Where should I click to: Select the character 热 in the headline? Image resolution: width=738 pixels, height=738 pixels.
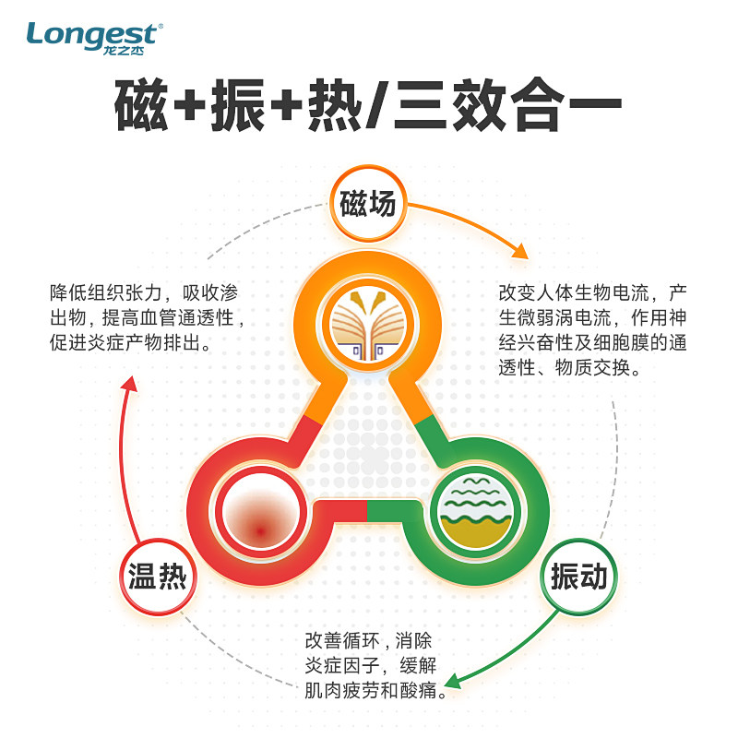click(x=345, y=109)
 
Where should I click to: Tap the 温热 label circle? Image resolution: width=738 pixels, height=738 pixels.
click(x=157, y=578)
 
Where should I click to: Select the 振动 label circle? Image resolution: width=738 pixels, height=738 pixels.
click(x=578, y=578)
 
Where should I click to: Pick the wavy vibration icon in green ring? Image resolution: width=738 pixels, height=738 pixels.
click(x=475, y=510)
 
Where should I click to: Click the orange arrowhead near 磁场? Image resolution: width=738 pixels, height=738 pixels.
click(x=521, y=251)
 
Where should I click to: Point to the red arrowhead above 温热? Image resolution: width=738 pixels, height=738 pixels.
click(x=129, y=383)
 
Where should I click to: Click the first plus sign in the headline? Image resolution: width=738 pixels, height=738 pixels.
click(x=193, y=109)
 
